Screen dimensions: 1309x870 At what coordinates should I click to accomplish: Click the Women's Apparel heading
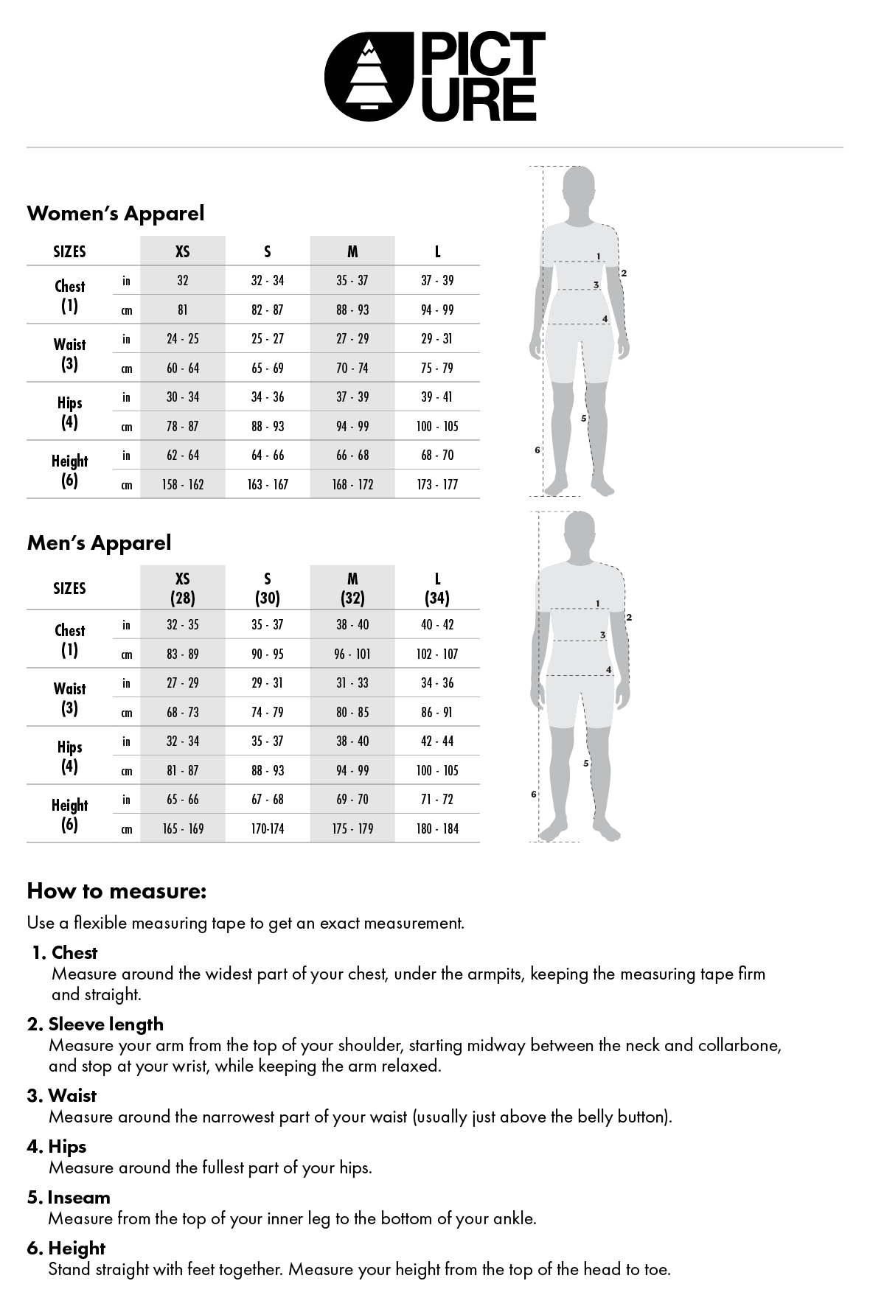pos(116,214)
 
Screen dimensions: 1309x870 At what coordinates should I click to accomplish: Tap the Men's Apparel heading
pos(99,543)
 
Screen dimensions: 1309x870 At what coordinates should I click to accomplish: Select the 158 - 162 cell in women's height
pos(183,484)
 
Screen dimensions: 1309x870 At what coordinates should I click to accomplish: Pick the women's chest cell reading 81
pos(183,310)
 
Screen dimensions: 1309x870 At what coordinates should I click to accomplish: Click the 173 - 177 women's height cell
pos(437,484)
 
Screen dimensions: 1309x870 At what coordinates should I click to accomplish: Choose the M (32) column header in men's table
pos(352,588)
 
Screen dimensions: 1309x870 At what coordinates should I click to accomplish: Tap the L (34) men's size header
pos(437,588)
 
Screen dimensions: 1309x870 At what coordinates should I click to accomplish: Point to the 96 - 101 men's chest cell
pos(352,654)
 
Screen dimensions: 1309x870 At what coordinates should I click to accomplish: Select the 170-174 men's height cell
pos(268,828)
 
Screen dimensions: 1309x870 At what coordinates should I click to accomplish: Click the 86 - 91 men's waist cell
pos(437,712)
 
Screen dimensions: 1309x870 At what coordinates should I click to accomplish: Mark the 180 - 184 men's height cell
pos(437,828)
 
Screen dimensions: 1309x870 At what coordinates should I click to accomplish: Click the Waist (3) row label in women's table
pos(69,354)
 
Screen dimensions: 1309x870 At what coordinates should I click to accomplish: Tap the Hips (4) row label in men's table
pos(69,756)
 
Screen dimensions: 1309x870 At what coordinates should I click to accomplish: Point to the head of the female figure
pos(579,189)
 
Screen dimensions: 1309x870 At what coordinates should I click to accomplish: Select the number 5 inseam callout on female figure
pos(584,419)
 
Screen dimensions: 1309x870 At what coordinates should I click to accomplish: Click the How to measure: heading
pos(116,891)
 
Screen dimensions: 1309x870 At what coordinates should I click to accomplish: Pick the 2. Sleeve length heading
pos(95,1024)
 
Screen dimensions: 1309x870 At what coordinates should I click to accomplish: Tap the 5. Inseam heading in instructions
pos(69,1198)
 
